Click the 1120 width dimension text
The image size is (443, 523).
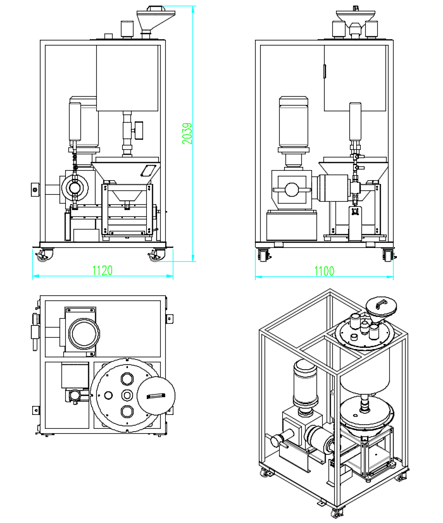pyautogui.click(x=103, y=271)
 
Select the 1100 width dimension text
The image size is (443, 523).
pyautogui.click(x=323, y=271)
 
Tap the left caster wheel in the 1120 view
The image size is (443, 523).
pyautogui.click(x=45, y=255)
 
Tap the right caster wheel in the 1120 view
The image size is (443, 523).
pyautogui.click(x=154, y=255)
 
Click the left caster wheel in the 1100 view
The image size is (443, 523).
pyautogui.click(x=263, y=255)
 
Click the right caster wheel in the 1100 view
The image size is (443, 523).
pyautogui.click(x=387, y=255)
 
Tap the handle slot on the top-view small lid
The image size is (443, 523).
pyautogui.click(x=155, y=396)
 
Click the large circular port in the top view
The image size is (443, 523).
pyautogui.click(x=83, y=332)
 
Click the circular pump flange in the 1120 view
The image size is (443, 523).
pyautogui.click(x=75, y=188)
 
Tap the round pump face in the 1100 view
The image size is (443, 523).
pyautogui.click(x=291, y=190)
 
